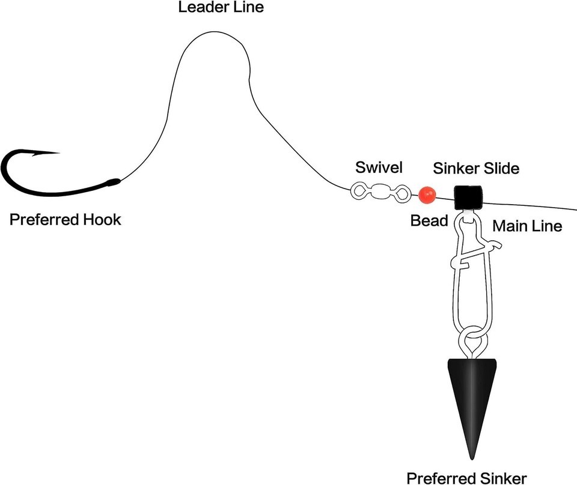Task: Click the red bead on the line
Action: click(427, 194)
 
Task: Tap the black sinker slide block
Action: click(469, 196)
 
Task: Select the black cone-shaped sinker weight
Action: click(472, 396)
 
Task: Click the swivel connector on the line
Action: click(380, 192)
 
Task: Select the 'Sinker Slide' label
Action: click(474, 168)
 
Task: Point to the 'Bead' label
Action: click(429, 221)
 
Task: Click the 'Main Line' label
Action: click(527, 226)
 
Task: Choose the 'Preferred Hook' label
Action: click(65, 220)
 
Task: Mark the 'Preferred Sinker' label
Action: click(466, 478)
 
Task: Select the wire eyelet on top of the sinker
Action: click(471, 346)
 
